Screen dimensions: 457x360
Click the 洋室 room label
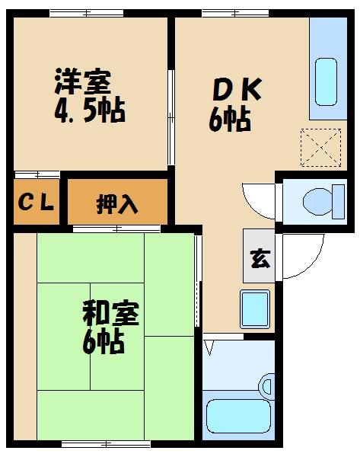pyautogui.click(x=82, y=81)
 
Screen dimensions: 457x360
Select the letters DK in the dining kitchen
pyautogui.click(x=236, y=90)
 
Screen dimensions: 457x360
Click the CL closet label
pyautogui.click(x=36, y=203)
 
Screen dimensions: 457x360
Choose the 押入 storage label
pyautogui.click(x=116, y=203)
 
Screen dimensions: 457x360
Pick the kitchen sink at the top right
pyautogui.click(x=327, y=83)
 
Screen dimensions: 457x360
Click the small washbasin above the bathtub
pyautogui.click(x=267, y=385)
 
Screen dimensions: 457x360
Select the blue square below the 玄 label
pyautogui.click(x=255, y=308)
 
